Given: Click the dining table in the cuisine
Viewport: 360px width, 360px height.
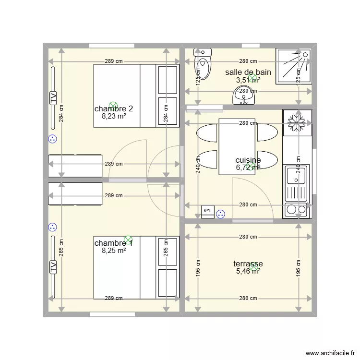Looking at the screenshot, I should point(237,146).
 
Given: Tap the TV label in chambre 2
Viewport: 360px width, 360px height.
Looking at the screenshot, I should point(53,98).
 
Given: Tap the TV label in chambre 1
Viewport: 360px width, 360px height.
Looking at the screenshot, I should point(53,267).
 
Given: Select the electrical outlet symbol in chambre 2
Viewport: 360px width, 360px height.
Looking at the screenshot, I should point(52,139).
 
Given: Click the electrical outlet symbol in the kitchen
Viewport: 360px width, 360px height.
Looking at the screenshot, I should point(220,214).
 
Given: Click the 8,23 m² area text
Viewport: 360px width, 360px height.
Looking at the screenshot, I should point(114,116).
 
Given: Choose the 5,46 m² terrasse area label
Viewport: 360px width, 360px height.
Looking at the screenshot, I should point(248,271).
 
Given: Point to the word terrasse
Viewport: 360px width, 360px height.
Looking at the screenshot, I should point(248,264).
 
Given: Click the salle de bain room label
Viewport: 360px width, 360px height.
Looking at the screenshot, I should point(248,72).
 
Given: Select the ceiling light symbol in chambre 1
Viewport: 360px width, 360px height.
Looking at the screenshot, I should point(128,239).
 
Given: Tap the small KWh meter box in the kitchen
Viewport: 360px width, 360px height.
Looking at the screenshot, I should point(208,211).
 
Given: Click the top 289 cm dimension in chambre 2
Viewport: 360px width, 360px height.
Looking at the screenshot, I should point(114,61).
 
